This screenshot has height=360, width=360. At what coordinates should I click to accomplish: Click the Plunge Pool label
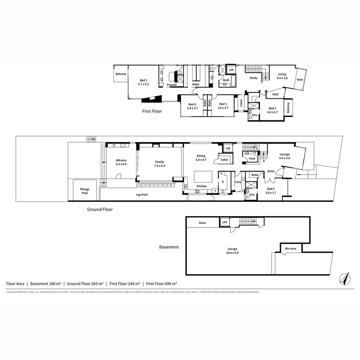[x=84, y=191]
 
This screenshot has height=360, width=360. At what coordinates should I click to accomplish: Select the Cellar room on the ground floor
[x=224, y=160]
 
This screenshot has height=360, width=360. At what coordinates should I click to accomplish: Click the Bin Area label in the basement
[x=290, y=249]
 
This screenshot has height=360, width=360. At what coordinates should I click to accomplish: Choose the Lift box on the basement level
[x=225, y=222]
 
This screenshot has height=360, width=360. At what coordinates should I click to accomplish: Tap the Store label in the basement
[x=202, y=223]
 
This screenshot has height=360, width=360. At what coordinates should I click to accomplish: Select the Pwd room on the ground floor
[x=252, y=158]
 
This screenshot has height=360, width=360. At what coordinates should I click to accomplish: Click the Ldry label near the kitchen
[x=238, y=182]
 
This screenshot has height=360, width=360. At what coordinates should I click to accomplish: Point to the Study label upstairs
[x=253, y=78]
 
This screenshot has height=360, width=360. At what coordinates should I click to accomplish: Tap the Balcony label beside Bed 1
[x=121, y=74]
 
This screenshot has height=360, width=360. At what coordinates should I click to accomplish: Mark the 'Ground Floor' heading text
[x=100, y=209]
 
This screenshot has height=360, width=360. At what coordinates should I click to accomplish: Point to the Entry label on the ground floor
[x=271, y=172]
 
